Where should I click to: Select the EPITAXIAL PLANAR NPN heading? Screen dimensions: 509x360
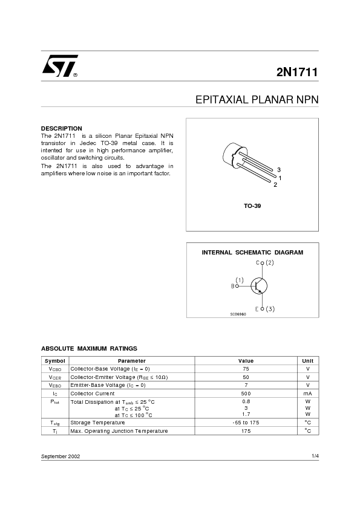(x=257, y=100)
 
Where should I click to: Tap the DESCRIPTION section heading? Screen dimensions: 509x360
(x=61, y=129)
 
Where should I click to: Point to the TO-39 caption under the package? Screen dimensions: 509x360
(x=252, y=206)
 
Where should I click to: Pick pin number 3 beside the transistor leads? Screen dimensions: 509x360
(x=278, y=169)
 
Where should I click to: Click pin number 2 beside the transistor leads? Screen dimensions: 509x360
(x=275, y=184)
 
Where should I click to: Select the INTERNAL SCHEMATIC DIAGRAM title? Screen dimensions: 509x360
(x=252, y=252)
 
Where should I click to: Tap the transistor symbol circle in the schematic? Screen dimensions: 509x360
(x=259, y=286)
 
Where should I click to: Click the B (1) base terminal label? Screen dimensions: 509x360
(x=237, y=283)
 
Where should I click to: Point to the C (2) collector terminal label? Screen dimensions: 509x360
(x=265, y=263)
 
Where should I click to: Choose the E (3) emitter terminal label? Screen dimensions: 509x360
(x=265, y=309)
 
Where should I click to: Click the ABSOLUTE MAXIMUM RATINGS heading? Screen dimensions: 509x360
(x=89, y=348)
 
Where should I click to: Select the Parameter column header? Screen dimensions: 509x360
(x=131, y=361)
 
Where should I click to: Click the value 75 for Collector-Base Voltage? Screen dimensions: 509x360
(x=246, y=369)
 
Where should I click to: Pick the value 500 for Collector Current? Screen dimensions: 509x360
(x=246, y=394)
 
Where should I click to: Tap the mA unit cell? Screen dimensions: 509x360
(x=307, y=394)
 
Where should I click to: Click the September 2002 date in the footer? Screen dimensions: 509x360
(x=61, y=456)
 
